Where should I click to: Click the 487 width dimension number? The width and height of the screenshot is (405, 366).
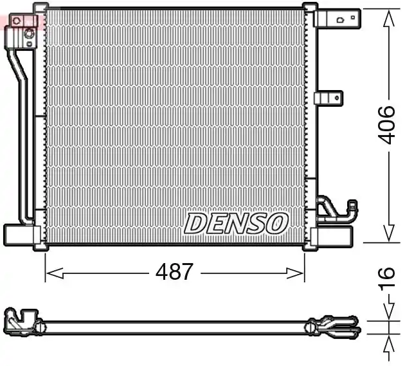point(174,271)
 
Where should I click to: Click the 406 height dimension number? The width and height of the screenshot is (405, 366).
point(386,125)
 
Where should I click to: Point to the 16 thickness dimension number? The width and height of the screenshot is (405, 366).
point(386,277)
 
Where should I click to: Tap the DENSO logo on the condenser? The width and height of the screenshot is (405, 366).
point(236,224)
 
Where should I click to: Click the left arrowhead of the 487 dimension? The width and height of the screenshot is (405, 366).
point(55,273)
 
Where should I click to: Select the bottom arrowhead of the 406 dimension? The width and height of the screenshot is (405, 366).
point(389,233)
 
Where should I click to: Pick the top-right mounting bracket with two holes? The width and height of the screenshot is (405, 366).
point(337,18)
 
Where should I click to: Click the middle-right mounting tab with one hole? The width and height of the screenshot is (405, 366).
point(328,98)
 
